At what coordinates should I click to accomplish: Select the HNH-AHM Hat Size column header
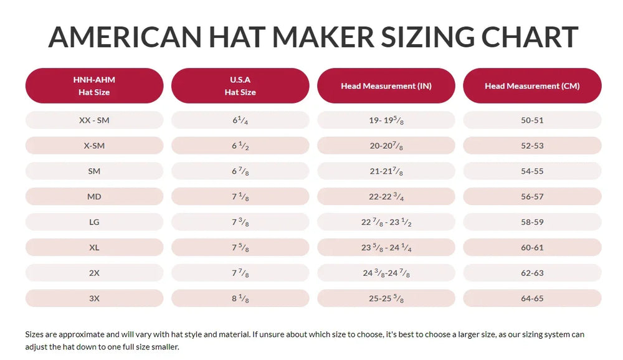coord(94,86)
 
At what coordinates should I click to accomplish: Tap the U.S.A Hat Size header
coord(240,86)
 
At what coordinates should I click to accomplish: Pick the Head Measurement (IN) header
coord(386,86)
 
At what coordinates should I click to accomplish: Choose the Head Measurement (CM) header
coord(532,86)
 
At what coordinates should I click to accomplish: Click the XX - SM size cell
coord(94,120)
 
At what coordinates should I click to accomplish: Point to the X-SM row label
coord(94,146)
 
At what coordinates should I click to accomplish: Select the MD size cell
coord(94,197)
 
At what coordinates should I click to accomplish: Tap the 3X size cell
coord(94,298)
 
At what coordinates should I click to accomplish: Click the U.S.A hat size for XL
coord(240,247)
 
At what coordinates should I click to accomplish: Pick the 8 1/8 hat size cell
coord(240,298)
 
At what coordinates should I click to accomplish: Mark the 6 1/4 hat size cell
coord(240,120)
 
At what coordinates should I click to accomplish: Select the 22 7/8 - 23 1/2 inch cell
coord(386,222)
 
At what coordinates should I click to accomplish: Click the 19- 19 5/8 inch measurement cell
coord(386,120)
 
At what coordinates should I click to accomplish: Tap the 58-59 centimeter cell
coord(532,222)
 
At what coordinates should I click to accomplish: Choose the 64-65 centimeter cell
coord(532,298)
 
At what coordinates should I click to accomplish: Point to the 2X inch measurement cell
coord(386,273)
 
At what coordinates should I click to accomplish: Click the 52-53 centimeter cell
coord(532,146)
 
